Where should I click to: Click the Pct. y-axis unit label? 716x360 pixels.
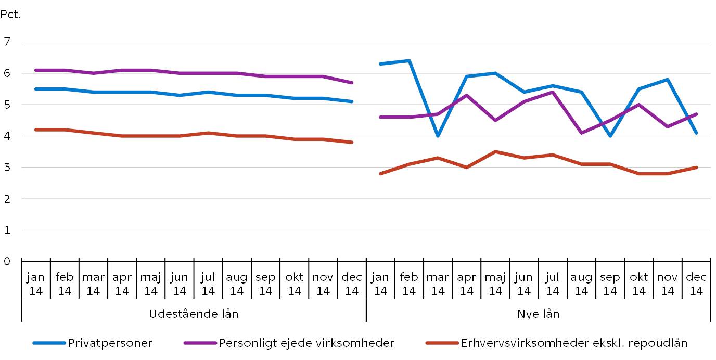tap(10, 15)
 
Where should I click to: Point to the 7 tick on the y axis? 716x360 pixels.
tap(7, 42)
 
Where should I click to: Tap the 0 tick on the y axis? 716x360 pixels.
tap(7, 261)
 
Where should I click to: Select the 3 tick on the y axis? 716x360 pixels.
tap(7, 168)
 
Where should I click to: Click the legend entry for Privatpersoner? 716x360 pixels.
tap(109, 343)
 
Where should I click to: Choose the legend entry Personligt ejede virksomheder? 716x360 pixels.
tap(306, 343)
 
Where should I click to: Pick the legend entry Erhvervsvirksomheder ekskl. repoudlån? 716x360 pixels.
tap(573, 343)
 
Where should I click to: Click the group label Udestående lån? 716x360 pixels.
tap(194, 314)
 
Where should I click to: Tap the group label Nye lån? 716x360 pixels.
tap(538, 314)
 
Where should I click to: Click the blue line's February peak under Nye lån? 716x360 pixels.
tap(410, 61)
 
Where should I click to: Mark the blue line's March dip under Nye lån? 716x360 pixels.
tap(438, 136)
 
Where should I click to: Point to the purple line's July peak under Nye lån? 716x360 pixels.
tap(553, 92)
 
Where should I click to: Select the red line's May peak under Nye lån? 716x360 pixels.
tap(495, 151)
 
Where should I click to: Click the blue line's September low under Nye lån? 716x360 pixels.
tap(610, 136)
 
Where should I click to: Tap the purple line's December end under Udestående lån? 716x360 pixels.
tap(352, 82)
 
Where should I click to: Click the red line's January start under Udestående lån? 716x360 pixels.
tap(36, 130)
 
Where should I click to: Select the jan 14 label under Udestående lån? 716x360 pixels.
tap(36, 284)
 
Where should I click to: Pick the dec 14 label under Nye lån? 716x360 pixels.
tap(696, 284)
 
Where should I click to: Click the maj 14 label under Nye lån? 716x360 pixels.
tap(495, 284)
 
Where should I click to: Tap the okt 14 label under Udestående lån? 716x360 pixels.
tap(295, 284)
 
